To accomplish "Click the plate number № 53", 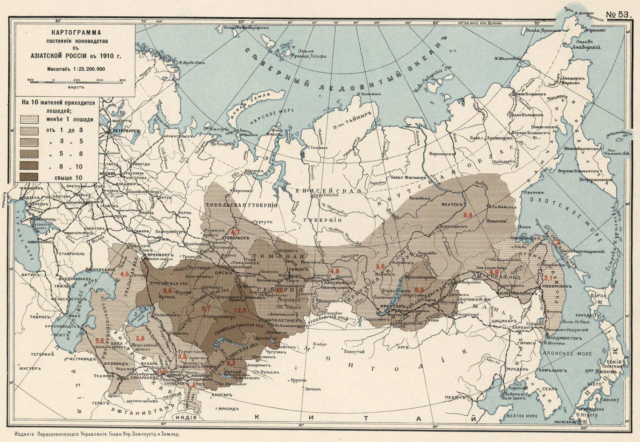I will pos(618,15).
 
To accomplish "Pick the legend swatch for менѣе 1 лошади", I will pos(29,119).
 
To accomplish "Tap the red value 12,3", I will pos(240,310).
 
